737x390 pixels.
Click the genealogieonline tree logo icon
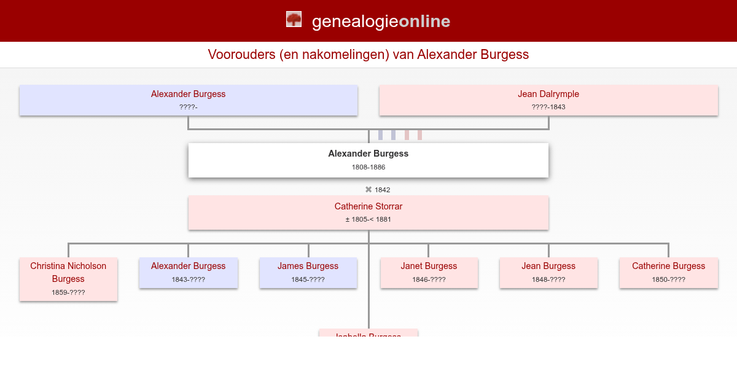(294, 20)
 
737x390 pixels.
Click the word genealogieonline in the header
(381, 21)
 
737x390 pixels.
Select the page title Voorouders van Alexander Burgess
(368, 55)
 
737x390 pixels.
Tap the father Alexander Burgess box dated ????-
(188, 100)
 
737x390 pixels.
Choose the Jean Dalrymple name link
(548, 94)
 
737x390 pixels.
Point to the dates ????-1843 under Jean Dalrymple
(548, 107)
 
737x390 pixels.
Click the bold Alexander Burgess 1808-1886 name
(368, 154)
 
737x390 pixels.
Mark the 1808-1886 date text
(368, 167)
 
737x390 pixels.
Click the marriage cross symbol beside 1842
(368, 190)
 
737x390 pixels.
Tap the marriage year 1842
(383, 190)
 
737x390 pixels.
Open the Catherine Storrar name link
(368, 206)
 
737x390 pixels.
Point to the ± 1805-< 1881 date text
(368, 219)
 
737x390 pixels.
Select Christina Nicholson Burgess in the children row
(68, 272)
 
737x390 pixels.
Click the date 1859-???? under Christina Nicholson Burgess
(68, 292)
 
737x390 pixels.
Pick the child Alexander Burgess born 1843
(188, 266)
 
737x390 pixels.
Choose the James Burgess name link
(308, 266)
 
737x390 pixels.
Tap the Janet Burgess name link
(429, 266)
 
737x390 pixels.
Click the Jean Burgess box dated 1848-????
(548, 273)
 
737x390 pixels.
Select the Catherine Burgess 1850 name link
(668, 266)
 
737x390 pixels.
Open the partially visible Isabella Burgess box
(368, 333)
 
